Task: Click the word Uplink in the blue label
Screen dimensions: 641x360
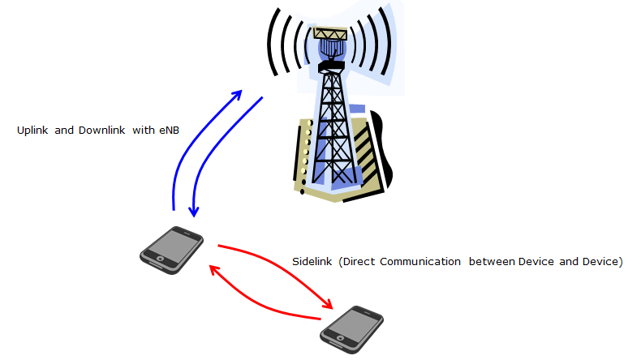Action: pyautogui.click(x=32, y=131)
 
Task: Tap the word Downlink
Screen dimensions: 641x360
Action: pyautogui.click(x=101, y=131)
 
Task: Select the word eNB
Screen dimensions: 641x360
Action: pyautogui.click(x=170, y=131)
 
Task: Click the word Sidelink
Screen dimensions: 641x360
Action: pyautogui.click(x=312, y=262)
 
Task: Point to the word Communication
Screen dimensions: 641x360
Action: pyautogui.click(x=420, y=262)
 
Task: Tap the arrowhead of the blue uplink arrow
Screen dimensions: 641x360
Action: pyautogui.click(x=236, y=96)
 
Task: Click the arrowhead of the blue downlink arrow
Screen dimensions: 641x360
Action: pyautogui.click(x=194, y=212)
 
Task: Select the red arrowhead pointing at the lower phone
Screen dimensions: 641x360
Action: pyautogui.click(x=327, y=303)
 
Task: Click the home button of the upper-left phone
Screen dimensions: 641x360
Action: pyautogui.click(x=161, y=259)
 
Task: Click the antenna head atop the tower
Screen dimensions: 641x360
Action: pyautogui.click(x=330, y=43)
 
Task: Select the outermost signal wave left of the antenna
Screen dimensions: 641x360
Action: pyautogui.click(x=273, y=42)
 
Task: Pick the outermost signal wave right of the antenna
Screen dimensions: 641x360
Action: pyautogui.click(x=385, y=41)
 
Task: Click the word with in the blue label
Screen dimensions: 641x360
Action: pyautogui.click(x=144, y=131)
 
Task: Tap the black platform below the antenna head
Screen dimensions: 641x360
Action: pyautogui.click(x=331, y=66)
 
